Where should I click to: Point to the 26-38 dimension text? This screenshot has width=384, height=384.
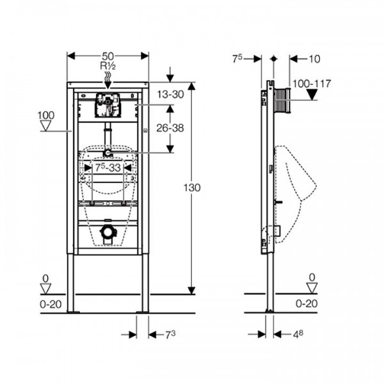[x=170, y=127]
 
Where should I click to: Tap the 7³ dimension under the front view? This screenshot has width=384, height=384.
[x=170, y=334]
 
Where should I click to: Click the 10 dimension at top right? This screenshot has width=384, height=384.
[x=313, y=59]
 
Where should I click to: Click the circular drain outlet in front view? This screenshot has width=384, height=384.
[x=108, y=231]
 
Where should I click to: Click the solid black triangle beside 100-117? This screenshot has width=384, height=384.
[x=312, y=95]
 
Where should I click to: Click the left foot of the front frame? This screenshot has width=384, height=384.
[x=71, y=311]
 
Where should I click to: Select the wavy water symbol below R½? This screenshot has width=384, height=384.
[x=108, y=77]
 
